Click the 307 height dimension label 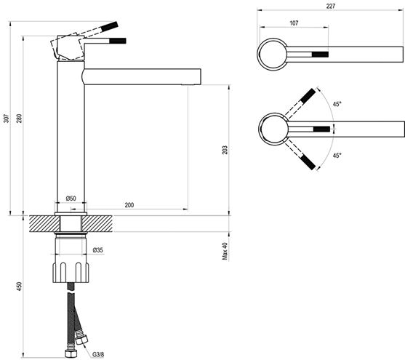(x=7, y=119)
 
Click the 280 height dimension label (x=20, y=119)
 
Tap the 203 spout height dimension (x=225, y=150)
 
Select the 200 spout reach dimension (x=129, y=205)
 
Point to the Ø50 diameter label (x=71, y=199)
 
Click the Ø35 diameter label (x=98, y=250)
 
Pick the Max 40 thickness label (x=225, y=251)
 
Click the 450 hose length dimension (x=20, y=287)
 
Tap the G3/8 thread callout (x=98, y=354)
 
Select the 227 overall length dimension (x=331, y=7)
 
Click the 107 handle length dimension (x=294, y=23)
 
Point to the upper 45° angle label (x=337, y=104)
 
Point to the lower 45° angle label (x=337, y=156)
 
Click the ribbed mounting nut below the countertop (x=71, y=273)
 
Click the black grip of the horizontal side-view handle (x=118, y=41)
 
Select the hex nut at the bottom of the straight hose (x=70, y=353)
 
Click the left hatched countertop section (x=44, y=224)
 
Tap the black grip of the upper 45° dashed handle (x=308, y=95)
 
